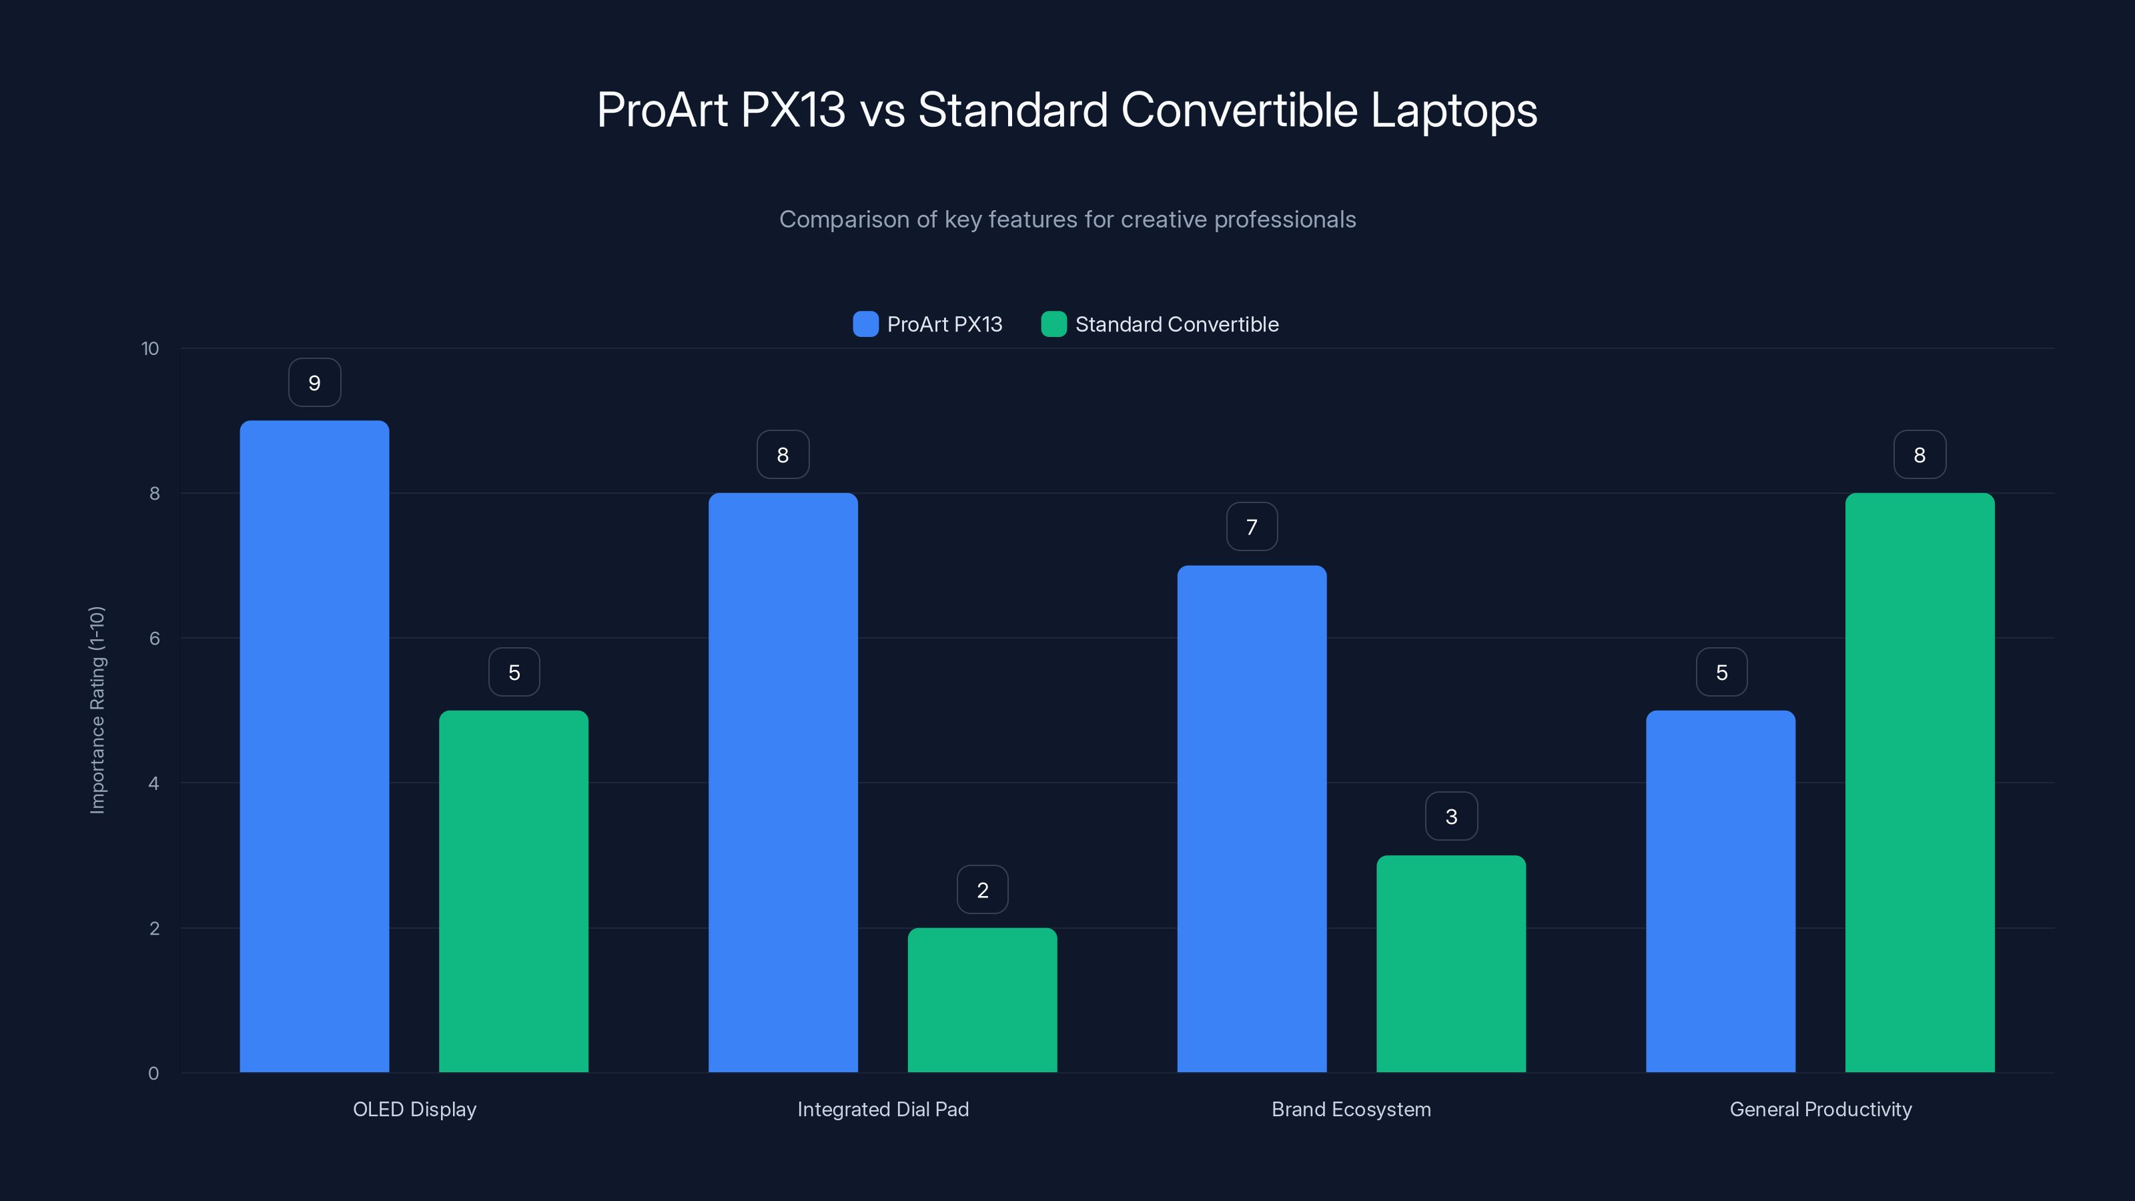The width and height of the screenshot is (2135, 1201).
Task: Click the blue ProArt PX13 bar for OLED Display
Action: coord(314,746)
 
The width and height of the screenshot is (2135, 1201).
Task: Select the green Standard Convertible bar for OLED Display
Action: coord(513,891)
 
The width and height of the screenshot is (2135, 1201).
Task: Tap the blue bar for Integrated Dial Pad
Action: coord(783,783)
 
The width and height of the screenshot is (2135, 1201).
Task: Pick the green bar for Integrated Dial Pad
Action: coord(982,999)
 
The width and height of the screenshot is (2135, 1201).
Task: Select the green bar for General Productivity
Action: coord(1919,783)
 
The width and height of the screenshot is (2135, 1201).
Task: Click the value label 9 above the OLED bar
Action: coord(314,383)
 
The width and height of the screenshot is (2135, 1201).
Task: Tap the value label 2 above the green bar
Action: coord(982,890)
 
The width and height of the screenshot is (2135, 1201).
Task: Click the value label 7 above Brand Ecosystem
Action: coord(1252,527)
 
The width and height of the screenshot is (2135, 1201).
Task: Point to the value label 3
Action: coord(1450,817)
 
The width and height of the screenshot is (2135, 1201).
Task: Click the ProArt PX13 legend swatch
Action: coord(865,324)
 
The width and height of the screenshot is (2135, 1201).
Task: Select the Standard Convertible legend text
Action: coord(1176,324)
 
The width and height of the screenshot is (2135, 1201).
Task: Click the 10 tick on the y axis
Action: coord(150,349)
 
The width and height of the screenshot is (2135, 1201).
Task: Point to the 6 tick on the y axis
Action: coord(154,639)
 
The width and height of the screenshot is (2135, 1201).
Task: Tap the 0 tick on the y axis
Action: coord(153,1074)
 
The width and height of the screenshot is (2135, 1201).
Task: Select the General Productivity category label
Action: coord(1820,1109)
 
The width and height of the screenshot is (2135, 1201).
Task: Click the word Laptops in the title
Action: coord(1453,110)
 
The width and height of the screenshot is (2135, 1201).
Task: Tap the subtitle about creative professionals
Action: coord(1067,220)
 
